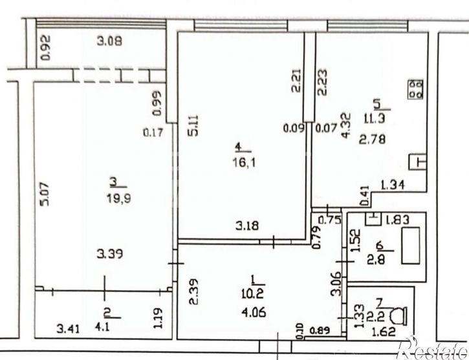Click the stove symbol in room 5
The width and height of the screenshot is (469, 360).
[415, 89]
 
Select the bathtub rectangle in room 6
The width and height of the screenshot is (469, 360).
[410, 246]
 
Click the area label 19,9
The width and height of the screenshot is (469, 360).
[119, 198]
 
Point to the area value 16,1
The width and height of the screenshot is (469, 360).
[244, 163]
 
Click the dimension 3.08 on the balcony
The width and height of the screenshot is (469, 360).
[109, 41]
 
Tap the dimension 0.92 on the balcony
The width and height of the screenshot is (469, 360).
[45, 48]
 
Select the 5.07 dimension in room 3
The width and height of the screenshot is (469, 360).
[45, 194]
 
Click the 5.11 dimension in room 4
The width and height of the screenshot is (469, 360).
[193, 125]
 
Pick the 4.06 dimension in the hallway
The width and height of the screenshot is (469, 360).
[254, 313]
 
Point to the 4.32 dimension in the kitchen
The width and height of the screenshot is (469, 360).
[346, 125]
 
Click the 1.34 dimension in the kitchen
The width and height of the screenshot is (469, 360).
[393, 185]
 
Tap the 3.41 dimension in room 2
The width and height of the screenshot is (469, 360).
[68, 329]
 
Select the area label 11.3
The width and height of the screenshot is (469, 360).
[375, 119]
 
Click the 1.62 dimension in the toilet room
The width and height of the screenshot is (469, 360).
[384, 332]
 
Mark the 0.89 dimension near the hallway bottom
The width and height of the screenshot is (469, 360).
[320, 330]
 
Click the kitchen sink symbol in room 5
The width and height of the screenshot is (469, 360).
[417, 162]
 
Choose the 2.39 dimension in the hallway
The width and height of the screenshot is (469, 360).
[193, 291]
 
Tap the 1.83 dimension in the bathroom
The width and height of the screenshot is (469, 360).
[397, 220]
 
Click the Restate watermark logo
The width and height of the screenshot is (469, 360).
[432, 348]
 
